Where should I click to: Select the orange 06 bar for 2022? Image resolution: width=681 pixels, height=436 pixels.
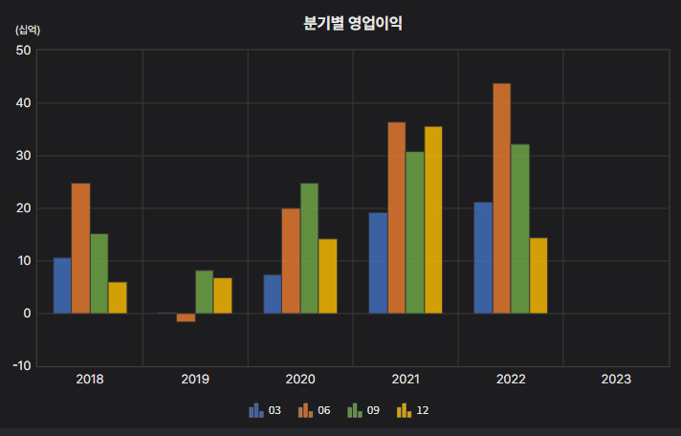pos(501,198)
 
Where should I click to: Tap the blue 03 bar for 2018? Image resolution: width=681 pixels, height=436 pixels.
pos(62,285)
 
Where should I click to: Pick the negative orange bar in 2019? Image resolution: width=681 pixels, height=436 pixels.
pos(186,317)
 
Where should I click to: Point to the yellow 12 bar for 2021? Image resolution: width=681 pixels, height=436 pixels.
pos(433,220)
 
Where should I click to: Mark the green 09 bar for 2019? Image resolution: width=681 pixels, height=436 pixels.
pos(204,292)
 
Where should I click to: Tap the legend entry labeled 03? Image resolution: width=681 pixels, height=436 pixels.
pos(265,410)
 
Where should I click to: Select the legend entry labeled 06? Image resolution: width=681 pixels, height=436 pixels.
pos(315,410)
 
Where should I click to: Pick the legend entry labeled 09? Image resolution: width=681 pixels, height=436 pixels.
pos(364,410)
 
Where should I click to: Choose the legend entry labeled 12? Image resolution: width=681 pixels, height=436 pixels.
pos(414,410)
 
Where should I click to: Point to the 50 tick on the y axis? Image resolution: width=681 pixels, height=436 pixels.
pos(24,51)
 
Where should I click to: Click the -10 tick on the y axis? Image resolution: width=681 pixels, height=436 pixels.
pos(22,366)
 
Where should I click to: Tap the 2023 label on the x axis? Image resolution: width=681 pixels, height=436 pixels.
pos(616,380)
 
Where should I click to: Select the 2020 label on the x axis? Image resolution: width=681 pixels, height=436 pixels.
pos(300,380)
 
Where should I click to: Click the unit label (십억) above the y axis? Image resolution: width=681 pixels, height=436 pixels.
pos(28,30)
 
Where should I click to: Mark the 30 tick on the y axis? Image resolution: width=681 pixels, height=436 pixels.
pos(24,156)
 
